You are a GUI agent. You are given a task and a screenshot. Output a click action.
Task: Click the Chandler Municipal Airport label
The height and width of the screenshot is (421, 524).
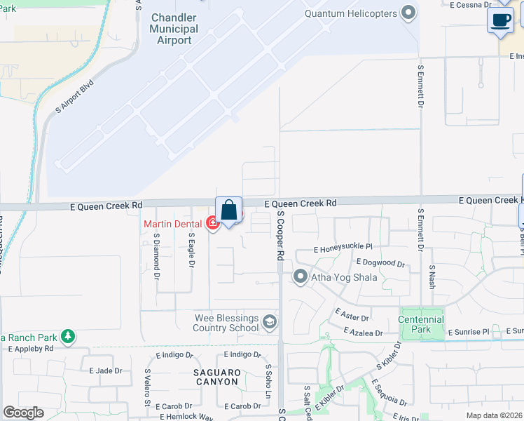(174, 29)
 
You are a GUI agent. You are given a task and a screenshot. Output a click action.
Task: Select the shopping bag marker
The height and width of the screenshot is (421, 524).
(229, 210)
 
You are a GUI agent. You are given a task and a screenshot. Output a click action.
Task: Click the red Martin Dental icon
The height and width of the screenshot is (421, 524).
(212, 224)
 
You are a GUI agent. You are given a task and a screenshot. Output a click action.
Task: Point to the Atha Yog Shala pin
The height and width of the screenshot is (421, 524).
(301, 277)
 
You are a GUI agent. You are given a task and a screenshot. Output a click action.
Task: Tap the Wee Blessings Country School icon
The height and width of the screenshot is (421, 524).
(268, 323)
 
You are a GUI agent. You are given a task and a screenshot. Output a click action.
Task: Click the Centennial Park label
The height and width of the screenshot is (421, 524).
(421, 324)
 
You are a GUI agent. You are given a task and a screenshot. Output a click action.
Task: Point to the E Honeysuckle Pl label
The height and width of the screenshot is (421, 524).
(343, 248)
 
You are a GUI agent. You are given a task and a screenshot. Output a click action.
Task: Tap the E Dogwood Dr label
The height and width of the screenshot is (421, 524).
(380, 262)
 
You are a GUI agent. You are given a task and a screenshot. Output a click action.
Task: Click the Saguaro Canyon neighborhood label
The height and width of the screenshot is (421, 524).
(217, 377)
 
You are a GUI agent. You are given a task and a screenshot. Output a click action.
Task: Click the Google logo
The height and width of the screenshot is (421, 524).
(23, 412)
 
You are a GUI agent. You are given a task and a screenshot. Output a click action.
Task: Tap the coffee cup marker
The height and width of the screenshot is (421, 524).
(500, 20)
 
